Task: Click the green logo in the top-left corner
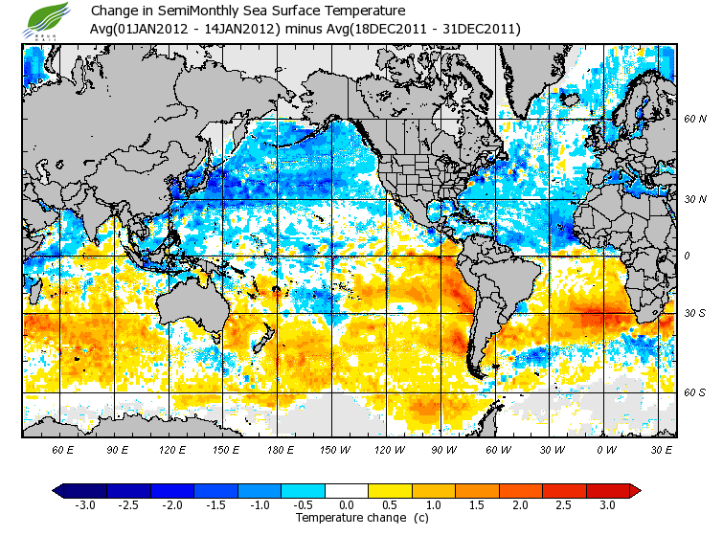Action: coord(45,20)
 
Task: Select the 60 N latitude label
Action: coord(694,120)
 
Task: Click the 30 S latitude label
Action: coord(694,314)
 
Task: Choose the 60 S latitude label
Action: coord(694,392)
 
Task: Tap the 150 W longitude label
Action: coord(331,449)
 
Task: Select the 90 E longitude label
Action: coord(118,449)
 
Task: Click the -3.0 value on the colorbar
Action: coord(84,505)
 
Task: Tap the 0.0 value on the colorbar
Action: coord(347,505)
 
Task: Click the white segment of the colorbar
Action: coord(347,490)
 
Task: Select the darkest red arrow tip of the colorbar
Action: coord(635,490)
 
